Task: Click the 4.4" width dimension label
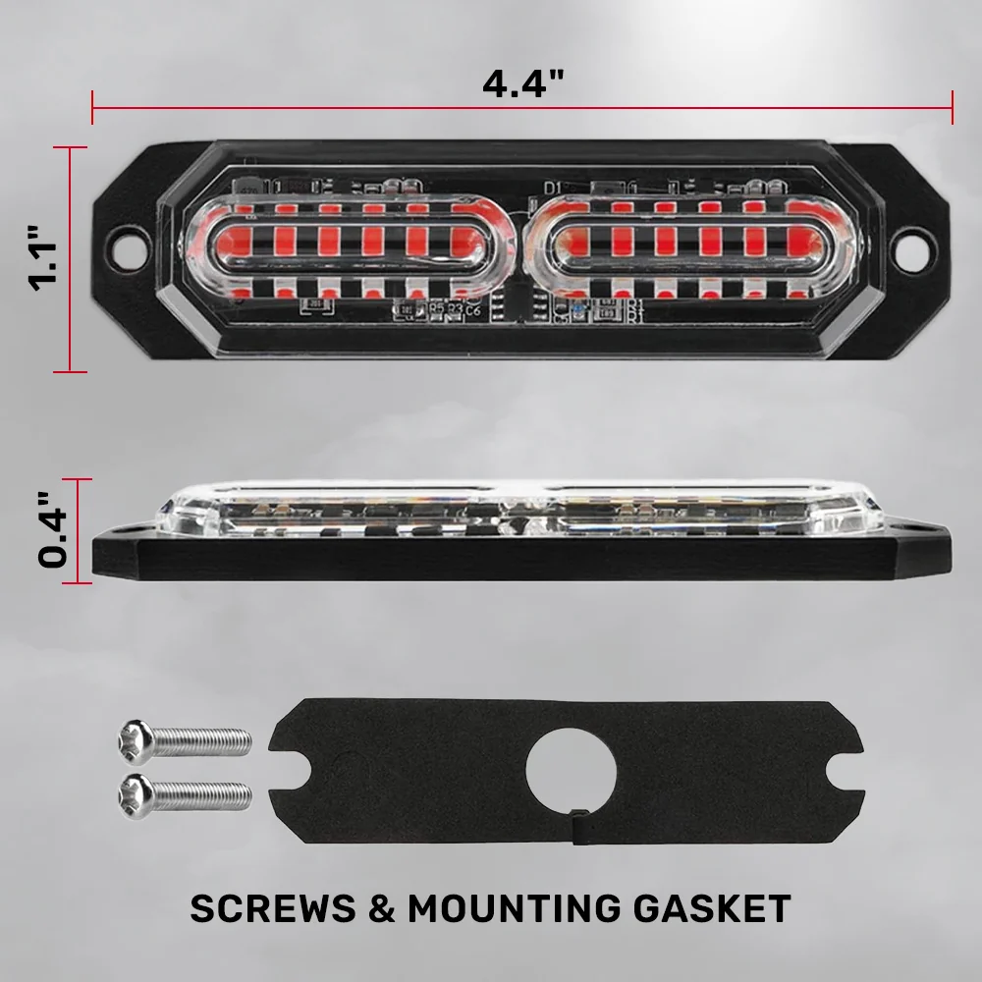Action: pos(523,82)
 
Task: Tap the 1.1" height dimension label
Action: pos(44,257)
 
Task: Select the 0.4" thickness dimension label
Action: pos(53,530)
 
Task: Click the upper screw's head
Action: pos(136,742)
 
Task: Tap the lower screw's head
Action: pos(136,795)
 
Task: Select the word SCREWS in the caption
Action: pos(272,908)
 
